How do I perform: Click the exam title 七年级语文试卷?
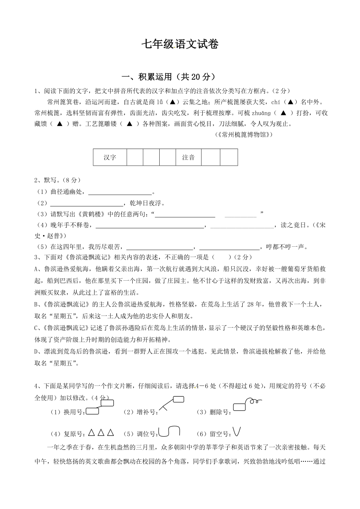tap(180, 45)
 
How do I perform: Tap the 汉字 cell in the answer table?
tap(110, 158)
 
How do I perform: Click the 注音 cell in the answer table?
tap(188, 158)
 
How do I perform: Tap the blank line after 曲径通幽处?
tap(120, 192)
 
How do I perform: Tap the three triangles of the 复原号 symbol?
tap(101, 433)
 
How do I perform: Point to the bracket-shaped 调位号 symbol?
tap(169, 431)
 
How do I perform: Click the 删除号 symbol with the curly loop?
tap(247, 405)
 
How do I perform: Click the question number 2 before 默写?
tap(36, 181)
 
